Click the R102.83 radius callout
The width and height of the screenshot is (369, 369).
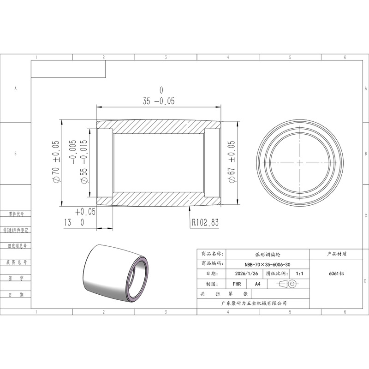click(205, 222)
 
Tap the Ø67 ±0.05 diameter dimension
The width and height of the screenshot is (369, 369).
click(232, 162)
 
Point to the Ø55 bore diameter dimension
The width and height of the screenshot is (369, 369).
click(80, 161)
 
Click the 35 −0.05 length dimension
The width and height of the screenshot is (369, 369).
click(159, 96)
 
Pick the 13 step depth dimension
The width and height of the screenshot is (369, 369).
click(80, 217)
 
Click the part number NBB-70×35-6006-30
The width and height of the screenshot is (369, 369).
click(268, 264)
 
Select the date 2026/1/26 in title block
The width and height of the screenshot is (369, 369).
click(246, 274)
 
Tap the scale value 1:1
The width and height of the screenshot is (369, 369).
click(299, 274)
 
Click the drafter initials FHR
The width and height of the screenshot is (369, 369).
click(237, 284)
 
